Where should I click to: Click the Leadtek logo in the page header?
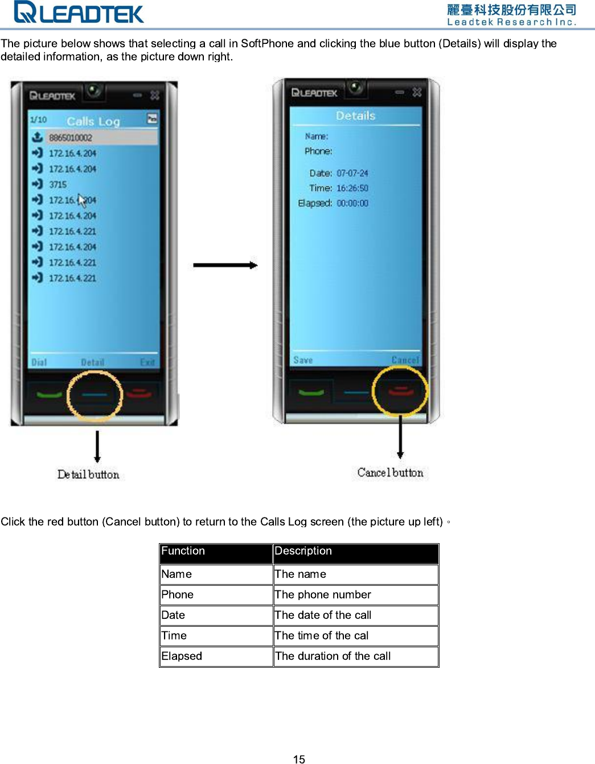(79, 13)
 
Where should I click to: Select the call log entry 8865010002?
(70, 138)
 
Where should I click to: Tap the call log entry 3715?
(58, 184)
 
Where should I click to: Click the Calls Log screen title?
(93, 121)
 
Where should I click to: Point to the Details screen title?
(355, 116)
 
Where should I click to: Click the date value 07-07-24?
(352, 173)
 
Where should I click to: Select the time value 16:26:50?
(352, 188)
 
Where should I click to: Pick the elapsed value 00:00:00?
(352, 203)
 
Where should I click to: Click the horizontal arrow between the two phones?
(225, 265)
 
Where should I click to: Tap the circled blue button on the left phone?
(95, 395)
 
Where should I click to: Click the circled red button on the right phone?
(400, 391)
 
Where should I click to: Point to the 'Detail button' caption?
(88, 474)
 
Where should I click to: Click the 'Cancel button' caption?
(391, 473)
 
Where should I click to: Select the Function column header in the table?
(183, 551)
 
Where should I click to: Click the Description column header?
(303, 551)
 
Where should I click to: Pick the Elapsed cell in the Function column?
(182, 656)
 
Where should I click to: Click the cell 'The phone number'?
(323, 594)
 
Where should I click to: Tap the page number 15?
(299, 759)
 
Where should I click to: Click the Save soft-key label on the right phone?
(303, 360)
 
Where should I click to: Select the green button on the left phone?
(50, 394)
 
